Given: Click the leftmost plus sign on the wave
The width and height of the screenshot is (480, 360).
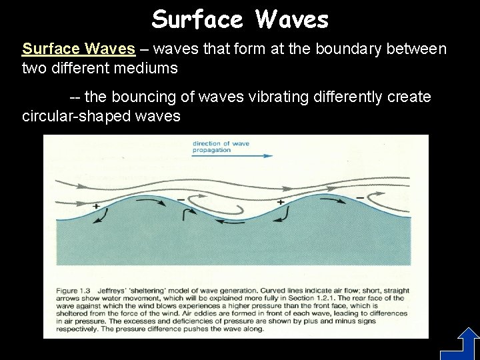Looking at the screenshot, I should click(96, 207).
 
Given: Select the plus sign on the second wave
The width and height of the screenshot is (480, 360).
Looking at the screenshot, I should click(280, 201).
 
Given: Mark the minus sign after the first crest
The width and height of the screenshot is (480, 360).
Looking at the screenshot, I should click(181, 198).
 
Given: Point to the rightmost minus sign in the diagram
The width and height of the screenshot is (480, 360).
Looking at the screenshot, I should click(361, 197).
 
